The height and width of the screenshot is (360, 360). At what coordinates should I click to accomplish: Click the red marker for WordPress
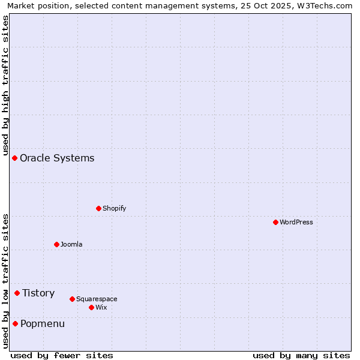click(275, 222)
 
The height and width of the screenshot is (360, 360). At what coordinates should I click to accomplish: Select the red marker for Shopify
click(98, 208)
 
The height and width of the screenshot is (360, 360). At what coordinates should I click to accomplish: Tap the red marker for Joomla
click(56, 244)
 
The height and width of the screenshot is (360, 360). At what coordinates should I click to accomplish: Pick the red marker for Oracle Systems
click(14, 158)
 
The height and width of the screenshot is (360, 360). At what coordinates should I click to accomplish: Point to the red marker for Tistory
click(17, 293)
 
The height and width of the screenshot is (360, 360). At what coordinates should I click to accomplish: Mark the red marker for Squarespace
click(72, 299)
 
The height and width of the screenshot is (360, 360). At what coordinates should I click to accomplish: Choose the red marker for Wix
click(91, 307)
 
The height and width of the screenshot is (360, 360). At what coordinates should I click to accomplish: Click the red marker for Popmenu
click(15, 323)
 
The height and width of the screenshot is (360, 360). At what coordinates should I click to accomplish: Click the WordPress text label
click(296, 222)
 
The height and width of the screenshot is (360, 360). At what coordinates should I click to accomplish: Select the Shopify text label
click(114, 208)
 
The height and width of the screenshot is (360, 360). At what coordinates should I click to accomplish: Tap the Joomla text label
click(71, 244)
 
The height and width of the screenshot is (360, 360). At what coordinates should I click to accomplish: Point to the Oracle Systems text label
click(57, 158)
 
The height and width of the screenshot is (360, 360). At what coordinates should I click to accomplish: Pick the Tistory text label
click(38, 293)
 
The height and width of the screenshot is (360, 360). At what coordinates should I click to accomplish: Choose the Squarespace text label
click(97, 299)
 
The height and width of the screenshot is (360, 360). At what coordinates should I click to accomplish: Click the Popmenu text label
click(43, 324)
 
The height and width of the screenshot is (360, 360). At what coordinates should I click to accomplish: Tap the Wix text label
click(101, 307)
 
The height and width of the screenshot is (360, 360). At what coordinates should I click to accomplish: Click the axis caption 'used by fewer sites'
click(62, 356)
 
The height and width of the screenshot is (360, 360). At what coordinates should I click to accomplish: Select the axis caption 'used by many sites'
click(301, 356)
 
